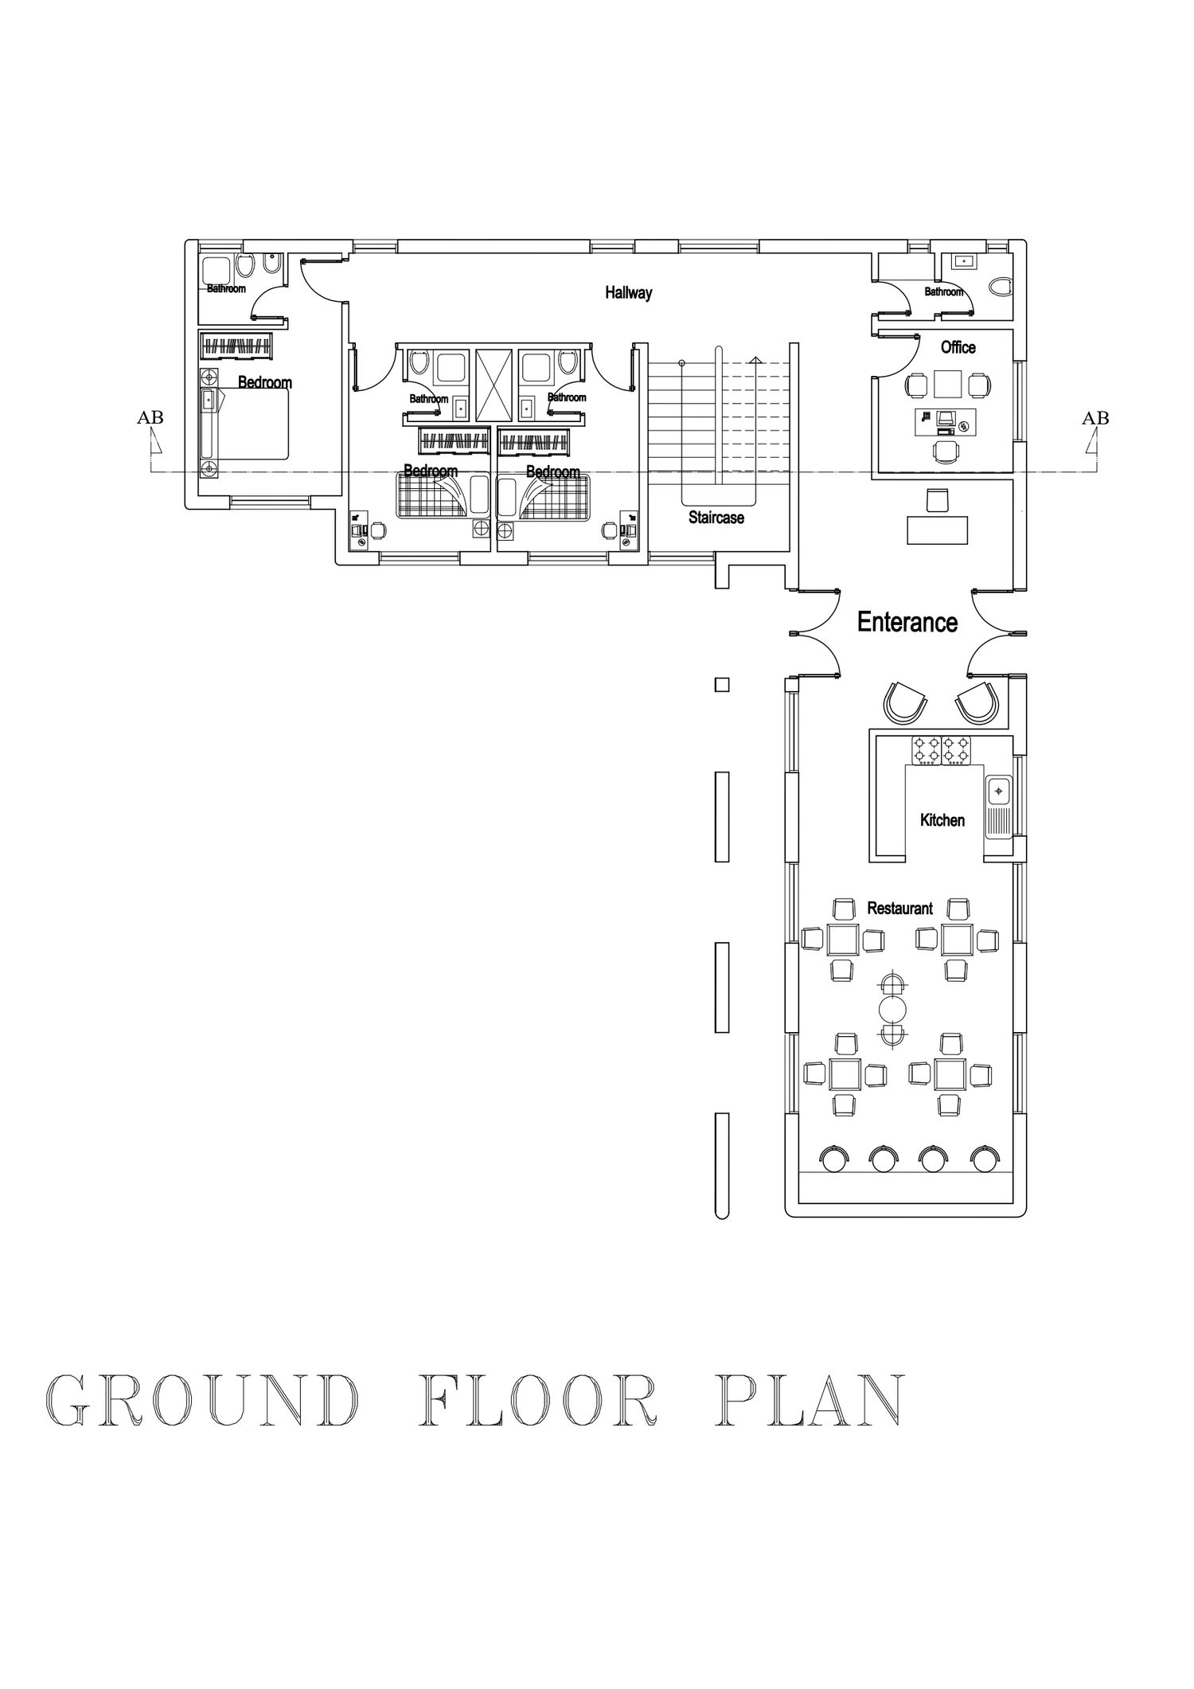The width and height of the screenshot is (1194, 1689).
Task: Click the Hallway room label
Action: click(x=628, y=293)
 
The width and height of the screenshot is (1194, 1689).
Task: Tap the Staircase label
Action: click(x=716, y=518)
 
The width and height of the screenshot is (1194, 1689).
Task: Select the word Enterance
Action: click(x=907, y=622)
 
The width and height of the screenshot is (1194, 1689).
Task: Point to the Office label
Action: click(x=958, y=347)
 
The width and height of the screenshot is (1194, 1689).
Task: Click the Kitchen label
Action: click(x=942, y=820)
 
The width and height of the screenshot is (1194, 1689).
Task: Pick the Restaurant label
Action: click(x=899, y=908)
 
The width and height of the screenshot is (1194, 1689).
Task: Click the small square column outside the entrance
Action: click(x=722, y=684)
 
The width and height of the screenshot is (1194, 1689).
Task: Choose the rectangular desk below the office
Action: click(x=938, y=530)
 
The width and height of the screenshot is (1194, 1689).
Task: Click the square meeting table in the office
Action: click(x=948, y=385)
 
